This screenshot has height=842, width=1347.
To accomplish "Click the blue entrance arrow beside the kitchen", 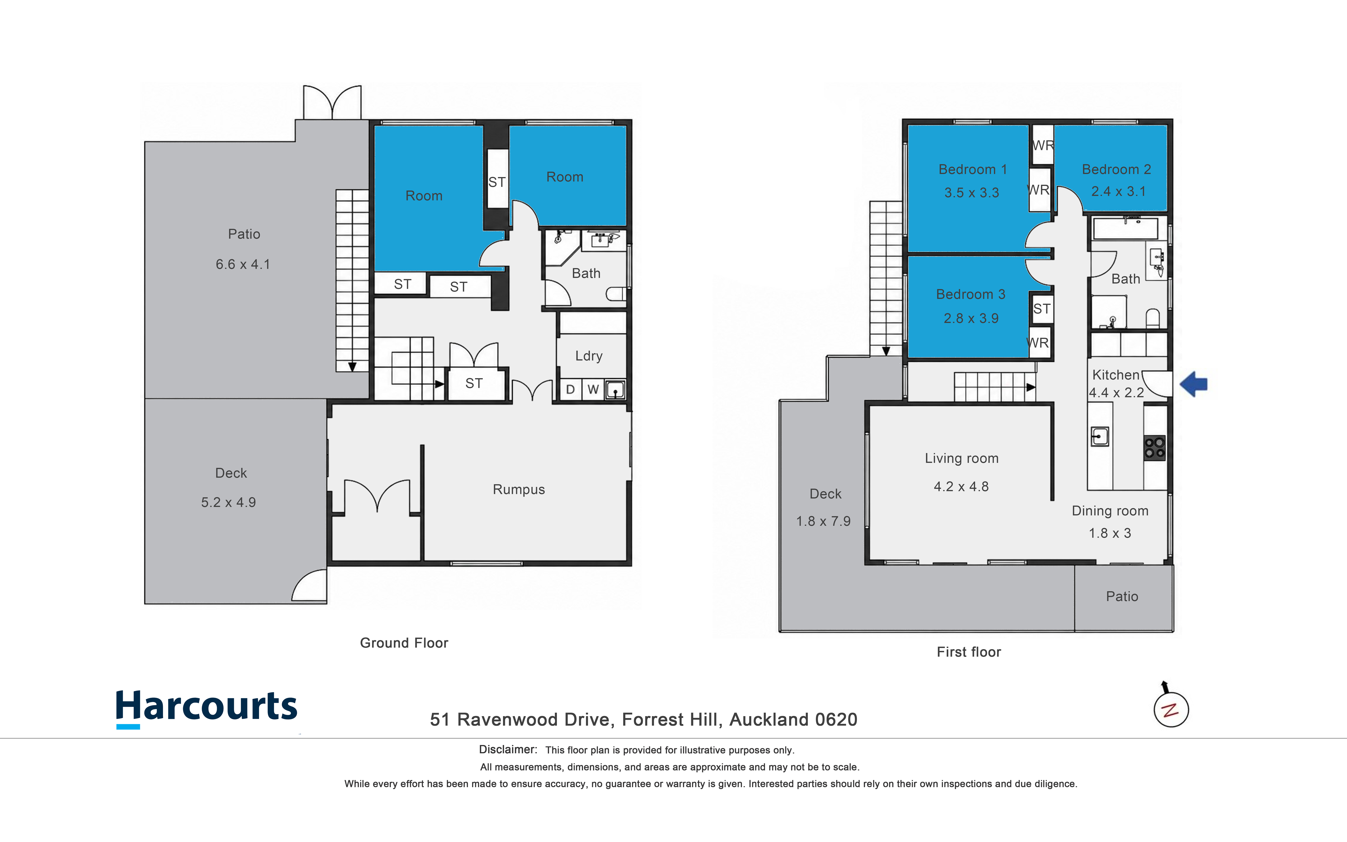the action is point(1193,384).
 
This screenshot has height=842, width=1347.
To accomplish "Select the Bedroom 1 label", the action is point(972,169).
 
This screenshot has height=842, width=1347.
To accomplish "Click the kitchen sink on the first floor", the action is point(1099,436).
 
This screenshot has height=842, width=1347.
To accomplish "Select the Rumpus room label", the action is point(519,489).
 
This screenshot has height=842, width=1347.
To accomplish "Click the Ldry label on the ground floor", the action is point(589,356).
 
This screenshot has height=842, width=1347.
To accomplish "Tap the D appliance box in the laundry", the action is point(570,389).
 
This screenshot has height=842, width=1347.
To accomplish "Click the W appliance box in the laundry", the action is point(593,389).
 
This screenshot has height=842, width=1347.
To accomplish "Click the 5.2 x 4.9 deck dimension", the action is point(228,502).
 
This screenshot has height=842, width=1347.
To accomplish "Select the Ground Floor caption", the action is point(404,643).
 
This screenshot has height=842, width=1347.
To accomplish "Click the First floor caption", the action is point(969,652).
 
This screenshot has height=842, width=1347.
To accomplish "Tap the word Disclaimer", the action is point(508,750).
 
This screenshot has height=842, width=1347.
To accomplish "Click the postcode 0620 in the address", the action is point(836,719).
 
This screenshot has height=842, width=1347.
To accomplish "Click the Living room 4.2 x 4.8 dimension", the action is point(961,487).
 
